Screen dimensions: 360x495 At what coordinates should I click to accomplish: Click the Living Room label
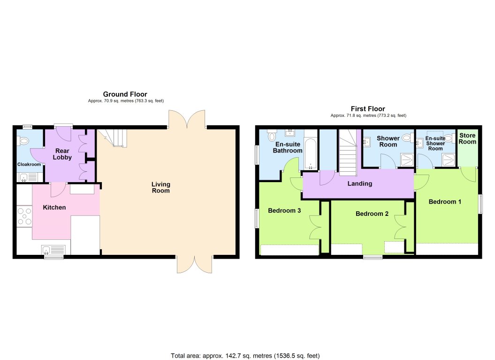160,187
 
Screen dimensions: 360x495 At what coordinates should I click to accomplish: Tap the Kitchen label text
54,207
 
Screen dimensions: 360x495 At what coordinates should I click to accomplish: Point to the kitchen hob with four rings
24,216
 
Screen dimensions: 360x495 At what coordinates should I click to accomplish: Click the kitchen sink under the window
54,249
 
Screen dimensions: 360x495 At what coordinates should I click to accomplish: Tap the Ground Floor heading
125,94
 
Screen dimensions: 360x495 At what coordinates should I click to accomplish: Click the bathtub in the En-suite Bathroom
310,153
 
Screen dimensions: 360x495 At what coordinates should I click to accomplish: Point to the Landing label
359,184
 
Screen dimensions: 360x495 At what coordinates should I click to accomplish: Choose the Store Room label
467,138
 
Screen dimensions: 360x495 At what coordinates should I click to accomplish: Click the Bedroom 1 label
445,201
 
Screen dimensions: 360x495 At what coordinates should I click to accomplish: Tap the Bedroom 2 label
372,214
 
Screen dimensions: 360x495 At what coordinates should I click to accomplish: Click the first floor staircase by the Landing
348,153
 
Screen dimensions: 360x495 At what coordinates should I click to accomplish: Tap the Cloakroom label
29,164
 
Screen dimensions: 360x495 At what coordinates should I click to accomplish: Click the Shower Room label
388,141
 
